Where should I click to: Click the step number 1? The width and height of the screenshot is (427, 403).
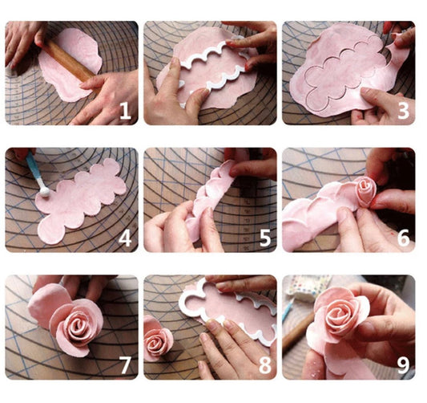(x=124, y=111)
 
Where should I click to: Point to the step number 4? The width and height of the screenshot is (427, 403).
(x=124, y=238)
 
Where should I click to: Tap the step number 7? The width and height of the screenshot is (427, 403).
(x=124, y=365)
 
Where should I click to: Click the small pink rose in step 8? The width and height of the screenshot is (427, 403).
(x=157, y=338)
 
